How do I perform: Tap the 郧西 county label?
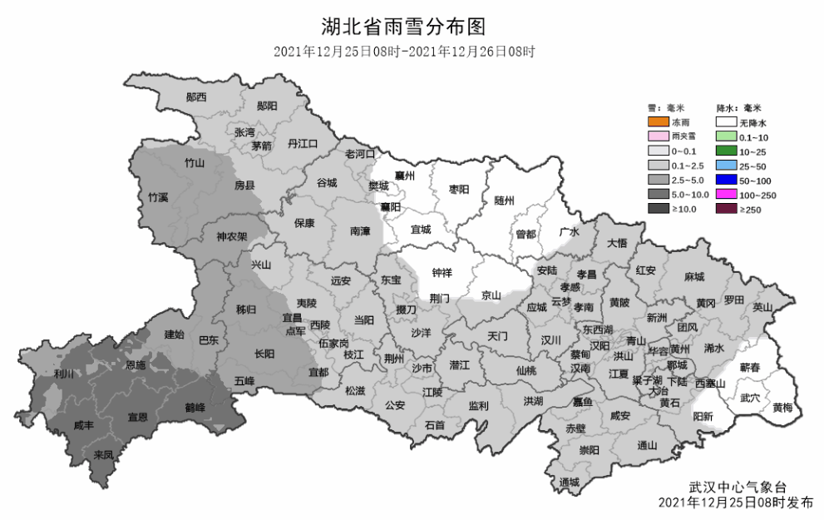point(196,97)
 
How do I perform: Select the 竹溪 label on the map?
point(158,197)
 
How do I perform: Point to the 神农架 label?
point(232,236)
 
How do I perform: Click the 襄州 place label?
point(405,176)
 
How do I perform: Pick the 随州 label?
point(505,201)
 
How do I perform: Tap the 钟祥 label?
point(442,272)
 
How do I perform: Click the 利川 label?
point(63,374)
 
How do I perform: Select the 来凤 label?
point(103,454)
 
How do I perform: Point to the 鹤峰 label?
point(195,408)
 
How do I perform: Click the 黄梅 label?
point(782,408)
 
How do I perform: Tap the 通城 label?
point(570,483)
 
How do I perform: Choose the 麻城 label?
point(694,276)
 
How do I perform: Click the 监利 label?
point(478,406)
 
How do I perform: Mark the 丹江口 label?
point(303,143)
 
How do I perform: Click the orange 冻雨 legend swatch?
point(659,122)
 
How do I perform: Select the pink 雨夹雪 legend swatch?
point(659,136)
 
